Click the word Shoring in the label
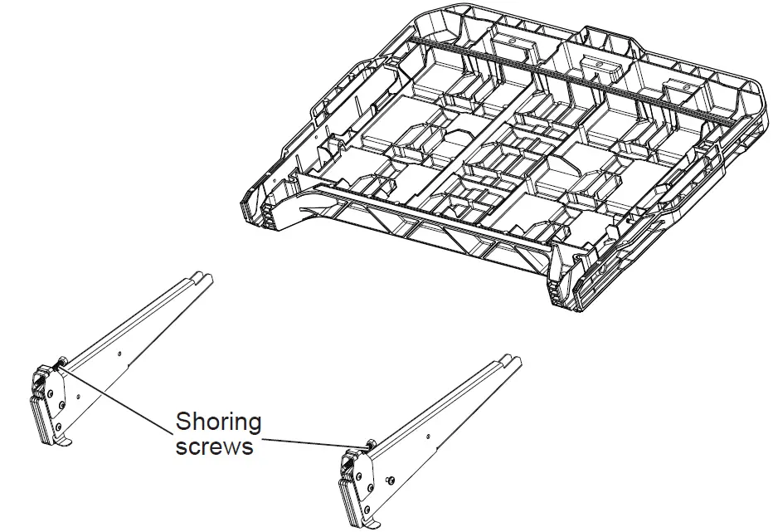[x=218, y=422]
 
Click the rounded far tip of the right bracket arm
[x=514, y=359]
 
